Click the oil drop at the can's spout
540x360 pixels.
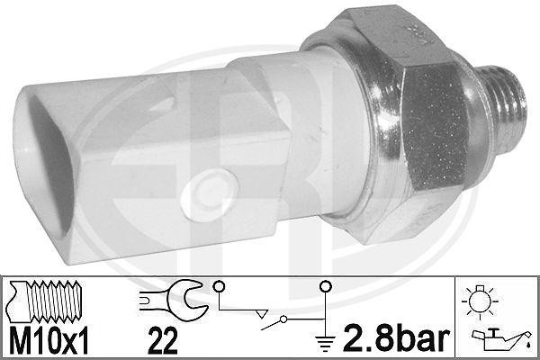click(x=521, y=340)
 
